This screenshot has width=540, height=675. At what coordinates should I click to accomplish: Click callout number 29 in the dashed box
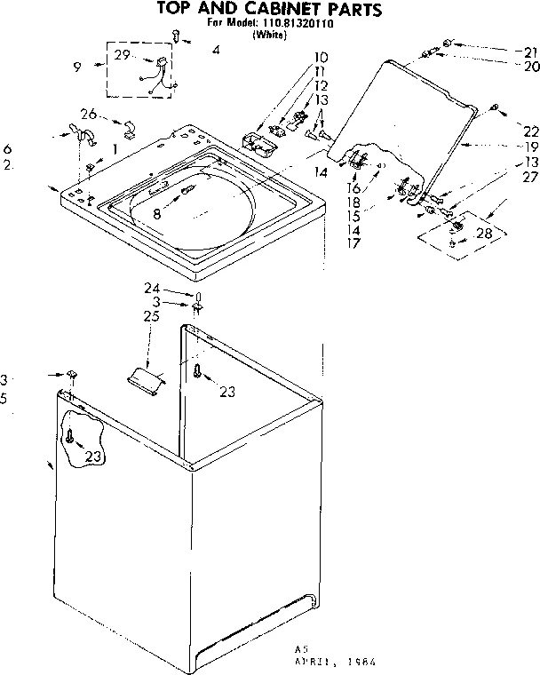[x=123, y=55]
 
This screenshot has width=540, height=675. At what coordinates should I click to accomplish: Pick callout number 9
[x=77, y=66]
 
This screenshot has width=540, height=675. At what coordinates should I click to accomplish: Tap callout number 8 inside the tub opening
[x=157, y=212]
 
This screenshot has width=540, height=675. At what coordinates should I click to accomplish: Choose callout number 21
[x=530, y=52]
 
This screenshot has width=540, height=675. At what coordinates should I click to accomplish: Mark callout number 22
[x=530, y=131]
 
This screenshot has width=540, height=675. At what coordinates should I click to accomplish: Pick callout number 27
[x=530, y=177]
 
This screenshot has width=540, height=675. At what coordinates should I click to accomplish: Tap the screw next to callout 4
[x=177, y=36]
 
